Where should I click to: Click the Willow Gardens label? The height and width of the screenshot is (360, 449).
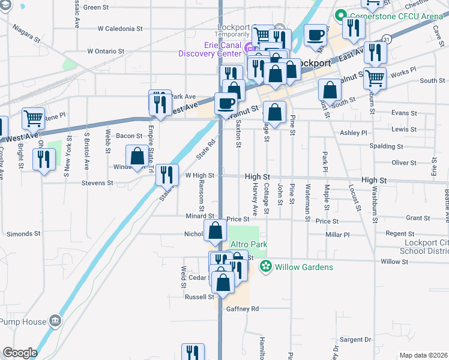point(304,267)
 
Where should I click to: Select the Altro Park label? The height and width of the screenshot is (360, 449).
point(249,245)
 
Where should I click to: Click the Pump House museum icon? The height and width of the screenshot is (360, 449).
point(55,321)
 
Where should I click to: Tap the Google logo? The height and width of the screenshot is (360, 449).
point(20,353)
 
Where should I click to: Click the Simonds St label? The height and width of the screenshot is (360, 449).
point(23,233)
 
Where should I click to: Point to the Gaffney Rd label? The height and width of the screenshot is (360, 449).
point(242,308)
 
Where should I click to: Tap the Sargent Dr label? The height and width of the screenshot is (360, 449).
point(355,339)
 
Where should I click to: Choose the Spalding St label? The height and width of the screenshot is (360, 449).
point(386,146)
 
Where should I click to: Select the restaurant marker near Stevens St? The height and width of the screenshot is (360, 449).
point(167,174)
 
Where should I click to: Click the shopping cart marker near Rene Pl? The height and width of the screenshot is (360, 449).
point(33,118)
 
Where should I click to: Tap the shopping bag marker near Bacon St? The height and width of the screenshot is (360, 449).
point(137,156)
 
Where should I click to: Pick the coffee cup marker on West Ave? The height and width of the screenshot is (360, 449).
point(226,103)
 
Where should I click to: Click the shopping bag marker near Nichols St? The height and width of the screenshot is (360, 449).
point(215,230)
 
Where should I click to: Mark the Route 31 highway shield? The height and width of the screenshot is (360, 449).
point(387,39)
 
